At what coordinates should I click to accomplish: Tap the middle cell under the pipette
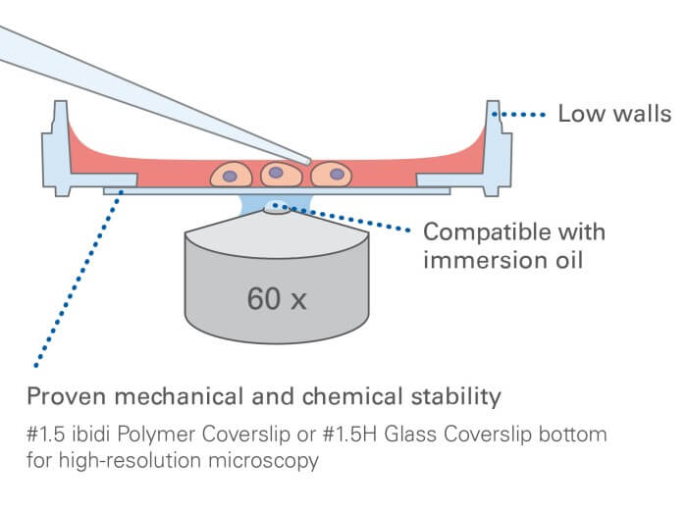pos(281,175)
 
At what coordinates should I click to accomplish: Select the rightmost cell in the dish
pos(333,175)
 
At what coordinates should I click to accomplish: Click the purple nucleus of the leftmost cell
pos(230,177)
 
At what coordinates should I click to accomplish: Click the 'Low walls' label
pos(614,114)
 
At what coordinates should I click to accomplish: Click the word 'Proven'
pos(64,397)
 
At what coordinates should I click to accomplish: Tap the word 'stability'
pos(457,397)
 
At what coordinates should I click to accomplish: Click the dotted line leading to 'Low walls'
pos(524,115)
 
